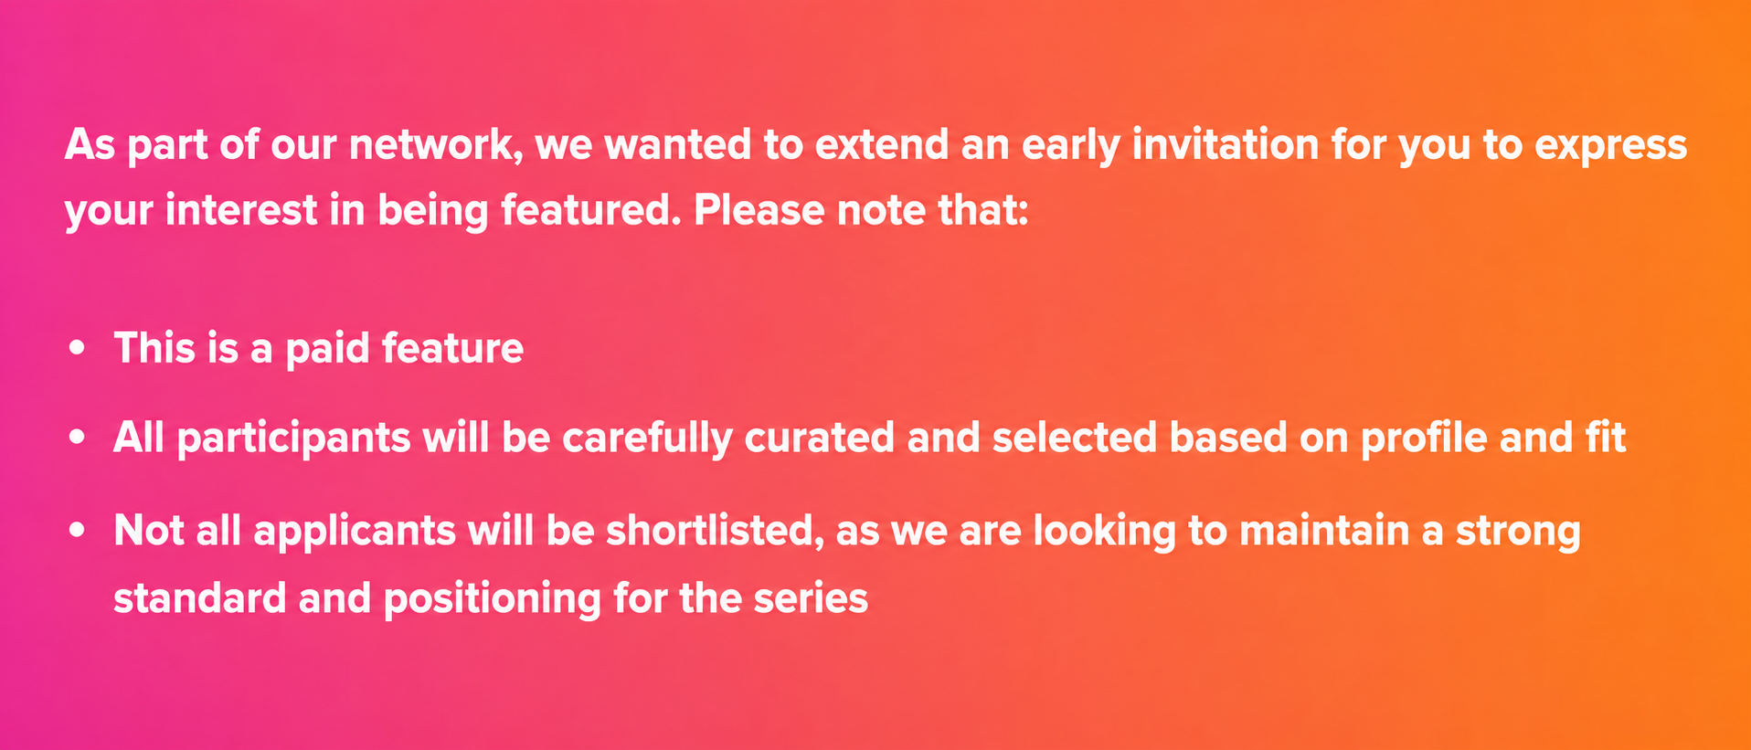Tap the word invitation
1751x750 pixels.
point(1226,144)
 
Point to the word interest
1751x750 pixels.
point(241,211)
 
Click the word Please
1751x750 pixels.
point(759,210)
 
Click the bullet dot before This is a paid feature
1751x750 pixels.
point(78,348)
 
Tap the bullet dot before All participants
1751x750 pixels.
point(78,438)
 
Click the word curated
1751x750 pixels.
point(819,438)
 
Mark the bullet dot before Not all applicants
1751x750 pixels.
point(78,530)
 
